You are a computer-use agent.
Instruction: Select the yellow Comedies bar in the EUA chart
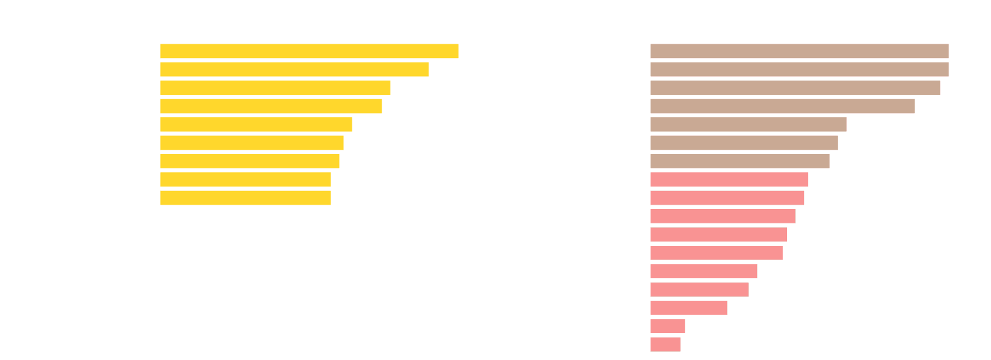click(309, 51)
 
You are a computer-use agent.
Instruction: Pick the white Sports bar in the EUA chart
click(241, 216)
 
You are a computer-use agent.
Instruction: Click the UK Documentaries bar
click(800, 51)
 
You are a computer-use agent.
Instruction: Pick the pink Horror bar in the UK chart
click(729, 179)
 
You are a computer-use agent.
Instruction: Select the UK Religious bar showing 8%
click(668, 326)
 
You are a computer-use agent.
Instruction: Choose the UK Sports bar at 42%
click(740, 161)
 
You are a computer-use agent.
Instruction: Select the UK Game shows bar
click(718, 234)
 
